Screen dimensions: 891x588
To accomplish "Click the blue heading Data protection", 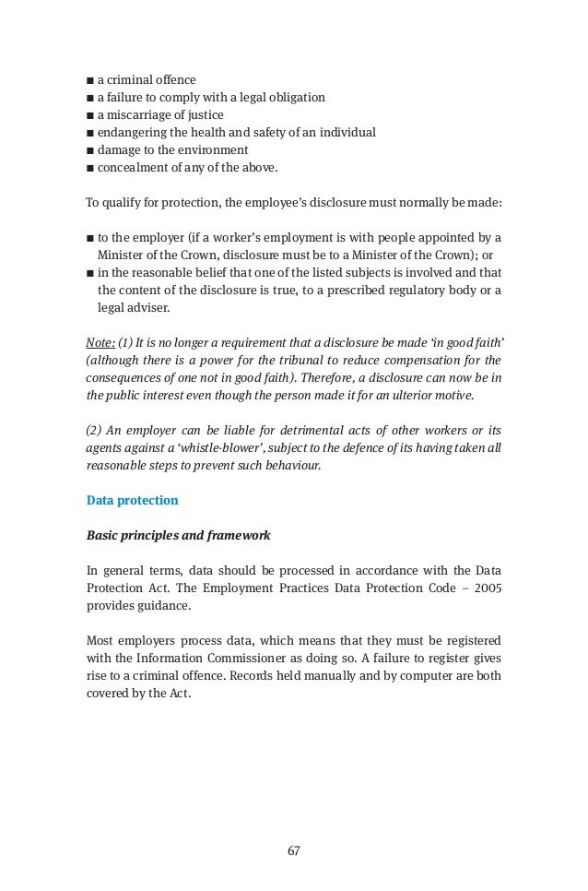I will [132, 501].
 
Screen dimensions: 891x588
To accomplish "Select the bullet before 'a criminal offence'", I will [89, 80].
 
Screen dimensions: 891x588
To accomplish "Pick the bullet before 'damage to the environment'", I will [89, 150].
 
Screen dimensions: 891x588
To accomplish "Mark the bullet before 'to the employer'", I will [89, 237].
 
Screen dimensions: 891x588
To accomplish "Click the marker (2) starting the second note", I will [94, 431].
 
